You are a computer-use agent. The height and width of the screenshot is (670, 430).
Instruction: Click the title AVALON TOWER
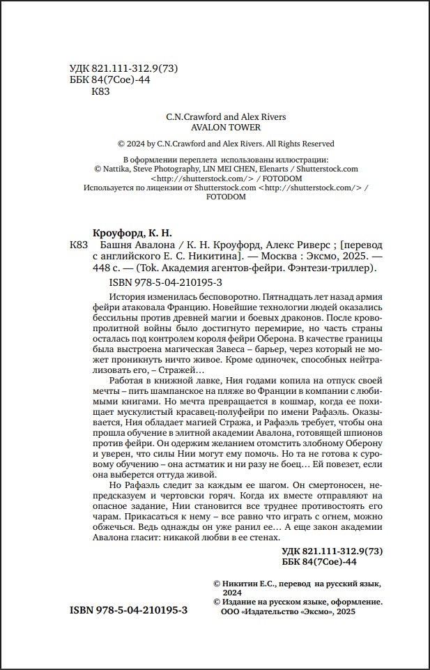225,128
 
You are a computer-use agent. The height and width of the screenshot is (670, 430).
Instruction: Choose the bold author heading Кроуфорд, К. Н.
132,232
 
